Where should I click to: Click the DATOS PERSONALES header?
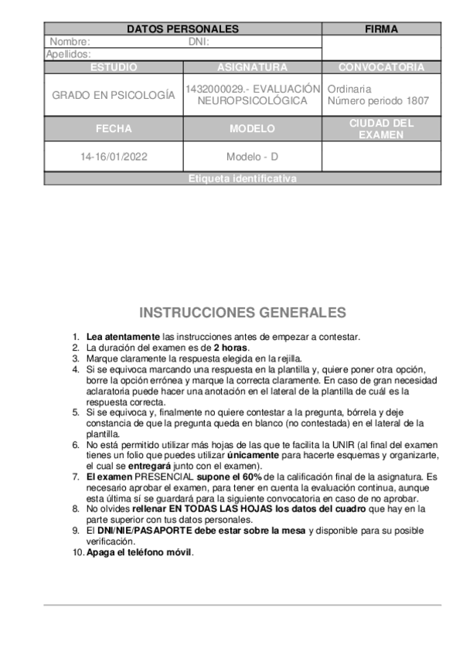[182, 29]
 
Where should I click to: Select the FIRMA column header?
[381, 29]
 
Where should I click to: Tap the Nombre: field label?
[70, 42]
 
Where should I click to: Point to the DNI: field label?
[199, 42]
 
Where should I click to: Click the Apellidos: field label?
[68, 54]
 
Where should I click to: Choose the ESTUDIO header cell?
[114, 67]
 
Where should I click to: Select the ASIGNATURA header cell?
[252, 67]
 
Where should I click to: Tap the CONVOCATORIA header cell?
[381, 67]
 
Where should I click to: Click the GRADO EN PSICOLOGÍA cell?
[114, 95]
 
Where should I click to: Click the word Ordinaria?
[349, 89]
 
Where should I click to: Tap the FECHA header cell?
[114, 129]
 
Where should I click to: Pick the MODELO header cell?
[252, 129]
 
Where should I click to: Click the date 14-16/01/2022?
[114, 157]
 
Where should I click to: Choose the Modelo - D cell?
[252, 157]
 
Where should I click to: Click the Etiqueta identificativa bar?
[242, 179]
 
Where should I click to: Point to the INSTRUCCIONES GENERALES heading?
[242, 313]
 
